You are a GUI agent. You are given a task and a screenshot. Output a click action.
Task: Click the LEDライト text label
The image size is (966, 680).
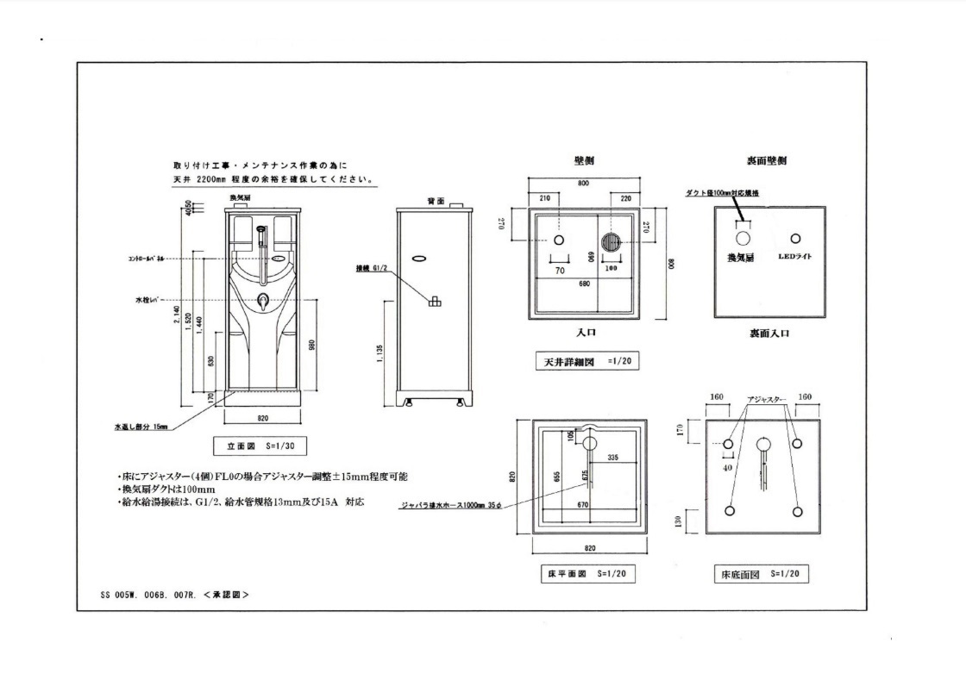[x=795, y=257]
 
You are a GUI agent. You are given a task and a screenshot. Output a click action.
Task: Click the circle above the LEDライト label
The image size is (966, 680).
[x=795, y=239]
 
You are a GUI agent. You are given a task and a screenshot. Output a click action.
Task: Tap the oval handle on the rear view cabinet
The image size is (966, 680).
[x=419, y=258]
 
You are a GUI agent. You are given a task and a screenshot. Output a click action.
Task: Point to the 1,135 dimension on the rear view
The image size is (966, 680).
[x=381, y=353]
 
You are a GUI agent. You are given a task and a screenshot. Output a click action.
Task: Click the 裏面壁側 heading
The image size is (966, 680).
[x=766, y=161]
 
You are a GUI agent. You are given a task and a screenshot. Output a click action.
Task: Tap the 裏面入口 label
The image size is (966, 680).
[x=768, y=332]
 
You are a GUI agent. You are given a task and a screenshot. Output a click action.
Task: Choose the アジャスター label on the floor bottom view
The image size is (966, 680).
[x=766, y=400]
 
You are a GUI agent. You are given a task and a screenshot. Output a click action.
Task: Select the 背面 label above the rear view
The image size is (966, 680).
[x=435, y=200]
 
